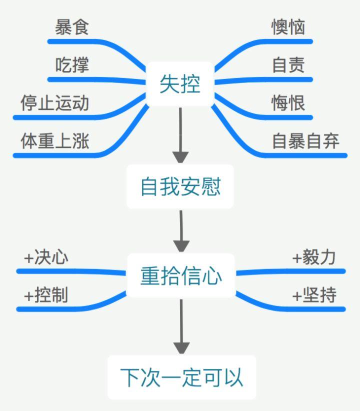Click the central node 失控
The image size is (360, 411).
pyautogui.click(x=180, y=84)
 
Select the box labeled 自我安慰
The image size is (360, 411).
pyautogui.click(x=180, y=186)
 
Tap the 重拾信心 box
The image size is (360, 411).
pyautogui.click(x=181, y=275)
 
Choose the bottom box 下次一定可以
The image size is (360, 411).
pyautogui.click(x=181, y=377)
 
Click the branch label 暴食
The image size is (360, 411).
pyautogui.click(x=72, y=27)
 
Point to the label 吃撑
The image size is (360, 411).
pyautogui.click(x=72, y=64)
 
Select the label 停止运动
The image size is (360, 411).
pyautogui.click(x=55, y=103)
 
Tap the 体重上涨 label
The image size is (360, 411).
pyautogui.click(x=55, y=141)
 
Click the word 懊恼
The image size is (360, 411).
pyautogui.click(x=288, y=27)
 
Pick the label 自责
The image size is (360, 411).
pyautogui.click(x=288, y=64)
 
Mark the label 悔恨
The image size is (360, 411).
pyautogui.click(x=288, y=103)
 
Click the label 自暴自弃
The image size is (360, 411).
pyautogui.click(x=305, y=141)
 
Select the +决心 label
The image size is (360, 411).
pyautogui.click(x=46, y=257)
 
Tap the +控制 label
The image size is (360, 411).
pyautogui.click(x=46, y=295)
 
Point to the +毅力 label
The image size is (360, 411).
pyautogui.click(x=314, y=257)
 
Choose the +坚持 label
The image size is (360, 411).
pyautogui.click(x=314, y=295)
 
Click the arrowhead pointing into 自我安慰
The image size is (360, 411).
pyautogui.click(x=180, y=157)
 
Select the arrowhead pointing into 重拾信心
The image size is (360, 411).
pyautogui.click(x=181, y=246)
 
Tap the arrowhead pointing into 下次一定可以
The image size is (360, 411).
pyautogui.click(x=181, y=348)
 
